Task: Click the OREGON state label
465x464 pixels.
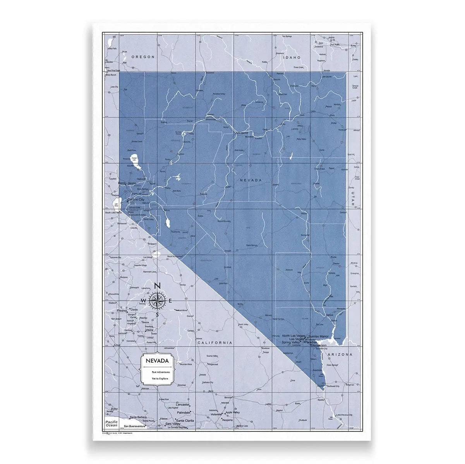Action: pos(143,57)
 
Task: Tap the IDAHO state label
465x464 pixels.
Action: pos(292,57)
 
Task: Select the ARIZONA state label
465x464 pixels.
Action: pos(340,354)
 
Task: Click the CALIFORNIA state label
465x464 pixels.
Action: pos(215,343)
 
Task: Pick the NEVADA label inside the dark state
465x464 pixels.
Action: pos(251,180)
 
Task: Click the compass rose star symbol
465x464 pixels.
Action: pos(157,300)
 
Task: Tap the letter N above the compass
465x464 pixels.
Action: pos(157,286)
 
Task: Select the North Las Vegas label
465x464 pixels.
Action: pos(293,336)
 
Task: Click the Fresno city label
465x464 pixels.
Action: pos(122,310)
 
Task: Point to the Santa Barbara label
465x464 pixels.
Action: pos(139,417)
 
